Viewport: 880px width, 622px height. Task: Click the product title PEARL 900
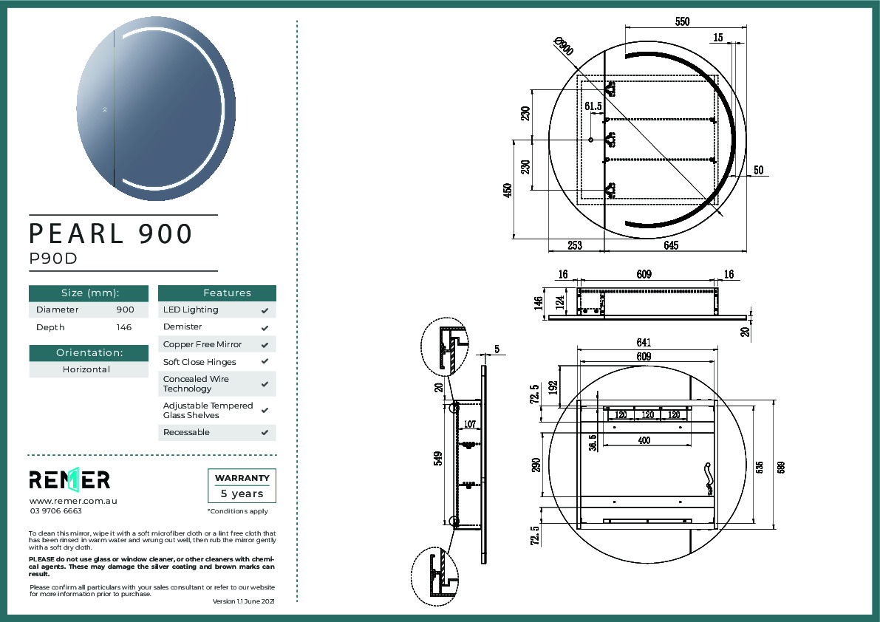[111, 233]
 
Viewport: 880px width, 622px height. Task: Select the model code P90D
[53, 259]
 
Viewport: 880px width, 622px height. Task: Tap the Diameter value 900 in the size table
[125, 310]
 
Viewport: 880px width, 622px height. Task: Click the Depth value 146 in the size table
[124, 327]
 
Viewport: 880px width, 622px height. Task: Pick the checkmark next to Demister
[265, 327]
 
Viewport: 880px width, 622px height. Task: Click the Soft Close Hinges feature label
[199, 362]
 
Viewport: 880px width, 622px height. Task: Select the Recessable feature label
[186, 432]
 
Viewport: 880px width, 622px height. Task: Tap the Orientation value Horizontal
[86, 369]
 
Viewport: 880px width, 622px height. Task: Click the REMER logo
[69, 479]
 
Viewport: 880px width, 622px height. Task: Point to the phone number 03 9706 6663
[56, 511]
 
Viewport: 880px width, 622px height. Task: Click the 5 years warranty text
[242, 493]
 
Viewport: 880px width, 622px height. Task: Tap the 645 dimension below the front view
[670, 245]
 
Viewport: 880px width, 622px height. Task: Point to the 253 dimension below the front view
[576, 245]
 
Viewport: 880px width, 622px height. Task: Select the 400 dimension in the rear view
[644, 440]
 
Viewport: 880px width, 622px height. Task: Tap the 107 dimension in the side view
[468, 425]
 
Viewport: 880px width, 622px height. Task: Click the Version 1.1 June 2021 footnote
[243, 602]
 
